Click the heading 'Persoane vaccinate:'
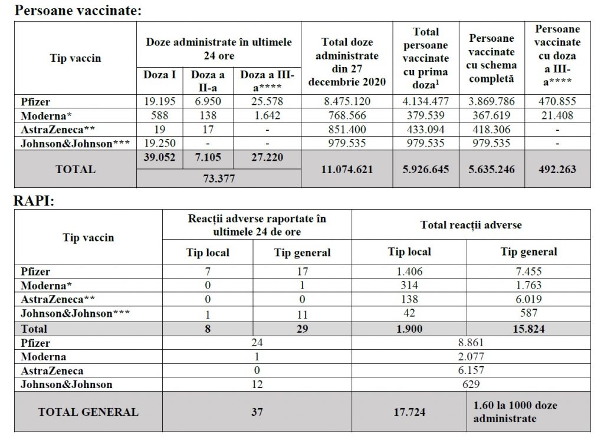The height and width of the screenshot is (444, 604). [78, 10]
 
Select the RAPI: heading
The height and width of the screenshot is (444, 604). [34, 201]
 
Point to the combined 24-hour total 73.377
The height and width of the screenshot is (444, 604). [218, 179]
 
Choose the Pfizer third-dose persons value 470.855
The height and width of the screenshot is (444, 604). [557, 102]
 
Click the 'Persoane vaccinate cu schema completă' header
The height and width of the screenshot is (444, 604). [493, 58]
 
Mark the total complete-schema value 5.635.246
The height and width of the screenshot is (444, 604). [493, 169]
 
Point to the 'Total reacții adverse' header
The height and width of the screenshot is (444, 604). [471, 224]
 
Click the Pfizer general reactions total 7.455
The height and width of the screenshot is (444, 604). [528, 272]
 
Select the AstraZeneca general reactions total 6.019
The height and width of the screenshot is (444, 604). [528, 299]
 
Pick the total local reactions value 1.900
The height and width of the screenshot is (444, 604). [409, 329]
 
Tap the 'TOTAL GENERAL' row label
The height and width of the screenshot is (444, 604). [88, 412]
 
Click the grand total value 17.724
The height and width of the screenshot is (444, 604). [409, 412]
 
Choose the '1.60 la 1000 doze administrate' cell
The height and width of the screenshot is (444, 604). [515, 412]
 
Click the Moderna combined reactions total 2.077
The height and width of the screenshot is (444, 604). [470, 356]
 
